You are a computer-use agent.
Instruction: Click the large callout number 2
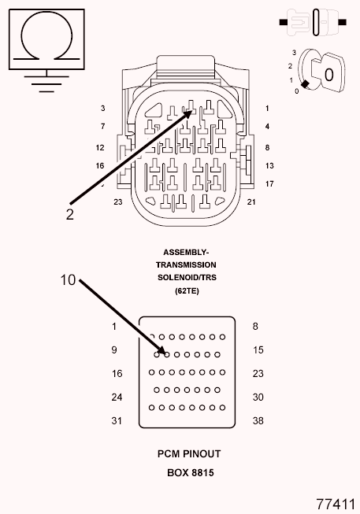(69, 214)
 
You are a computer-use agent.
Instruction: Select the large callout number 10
(68, 280)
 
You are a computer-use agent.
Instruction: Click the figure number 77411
(336, 505)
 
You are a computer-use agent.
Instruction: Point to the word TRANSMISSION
(186, 264)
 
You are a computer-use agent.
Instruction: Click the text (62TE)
(187, 290)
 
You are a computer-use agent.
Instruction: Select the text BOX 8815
(191, 473)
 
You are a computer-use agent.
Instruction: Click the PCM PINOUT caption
(189, 454)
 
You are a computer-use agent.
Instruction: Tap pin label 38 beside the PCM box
(258, 420)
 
